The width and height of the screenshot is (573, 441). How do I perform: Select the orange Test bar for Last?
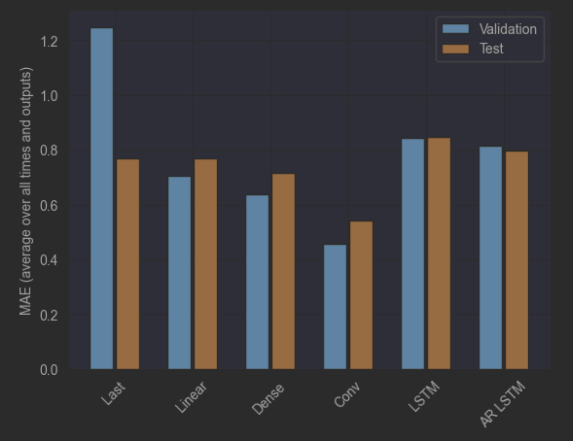(x=128, y=264)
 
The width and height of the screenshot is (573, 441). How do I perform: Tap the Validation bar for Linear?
(x=179, y=273)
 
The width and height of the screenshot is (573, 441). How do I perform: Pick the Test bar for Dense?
(x=284, y=271)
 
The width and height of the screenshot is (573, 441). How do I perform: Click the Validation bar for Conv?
(x=335, y=307)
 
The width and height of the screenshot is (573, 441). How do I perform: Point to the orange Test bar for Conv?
(x=361, y=295)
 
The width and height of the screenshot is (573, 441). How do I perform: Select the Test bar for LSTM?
(x=439, y=253)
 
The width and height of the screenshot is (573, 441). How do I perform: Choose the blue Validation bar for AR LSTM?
(x=490, y=258)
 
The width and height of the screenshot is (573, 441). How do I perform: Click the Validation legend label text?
(x=508, y=29)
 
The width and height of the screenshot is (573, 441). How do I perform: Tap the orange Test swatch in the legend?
(x=456, y=49)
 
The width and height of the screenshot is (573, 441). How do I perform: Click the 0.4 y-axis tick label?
(x=49, y=260)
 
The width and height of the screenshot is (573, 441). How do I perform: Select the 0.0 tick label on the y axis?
(x=49, y=369)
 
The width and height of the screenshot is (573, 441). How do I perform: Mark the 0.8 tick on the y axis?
(x=49, y=151)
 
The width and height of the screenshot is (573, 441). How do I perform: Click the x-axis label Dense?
(x=268, y=399)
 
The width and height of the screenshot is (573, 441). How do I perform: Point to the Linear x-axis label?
(x=191, y=397)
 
